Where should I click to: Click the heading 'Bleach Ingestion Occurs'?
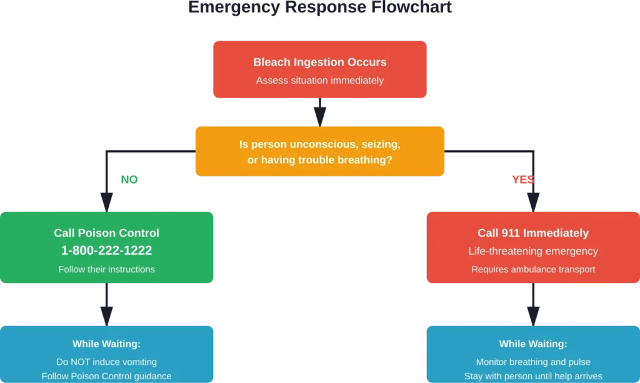point(319,62)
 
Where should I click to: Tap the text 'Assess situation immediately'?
point(319,80)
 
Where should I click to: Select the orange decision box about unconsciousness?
point(319,152)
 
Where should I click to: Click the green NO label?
point(129,179)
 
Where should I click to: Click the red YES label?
point(522,180)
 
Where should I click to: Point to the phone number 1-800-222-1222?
point(106,250)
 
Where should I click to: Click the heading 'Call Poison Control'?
point(106,233)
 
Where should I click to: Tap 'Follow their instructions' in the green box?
point(106,269)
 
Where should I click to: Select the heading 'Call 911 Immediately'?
point(533,233)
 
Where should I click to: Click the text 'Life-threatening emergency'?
point(533,251)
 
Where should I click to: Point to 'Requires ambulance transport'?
point(533,269)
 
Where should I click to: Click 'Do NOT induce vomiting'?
point(106,362)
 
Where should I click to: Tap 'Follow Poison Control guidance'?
point(106,376)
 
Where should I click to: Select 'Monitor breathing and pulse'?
point(533,362)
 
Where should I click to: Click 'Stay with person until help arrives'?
point(533,376)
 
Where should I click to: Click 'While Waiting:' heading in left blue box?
point(106,344)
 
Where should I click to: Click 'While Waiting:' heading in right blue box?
point(533,344)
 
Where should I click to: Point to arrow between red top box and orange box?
point(320,112)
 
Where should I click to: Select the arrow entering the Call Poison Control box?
point(107,199)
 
